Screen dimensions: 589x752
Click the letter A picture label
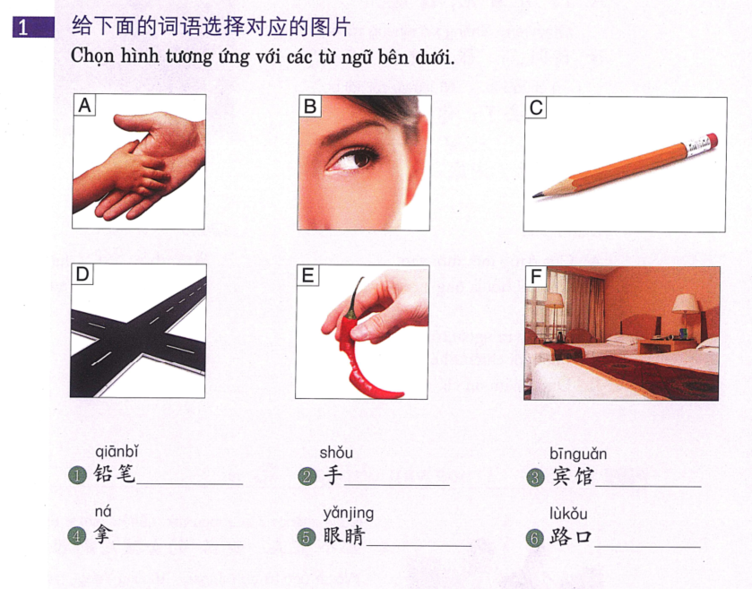[85, 106]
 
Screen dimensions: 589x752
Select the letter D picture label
[82, 274]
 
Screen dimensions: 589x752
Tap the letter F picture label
[536, 276]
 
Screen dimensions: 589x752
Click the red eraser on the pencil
[712, 142]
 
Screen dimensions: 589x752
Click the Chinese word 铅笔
[115, 474]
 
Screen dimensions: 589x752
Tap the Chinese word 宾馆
[571, 476]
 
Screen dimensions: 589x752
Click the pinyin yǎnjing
[348, 513]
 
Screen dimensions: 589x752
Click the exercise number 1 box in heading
[23, 28]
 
